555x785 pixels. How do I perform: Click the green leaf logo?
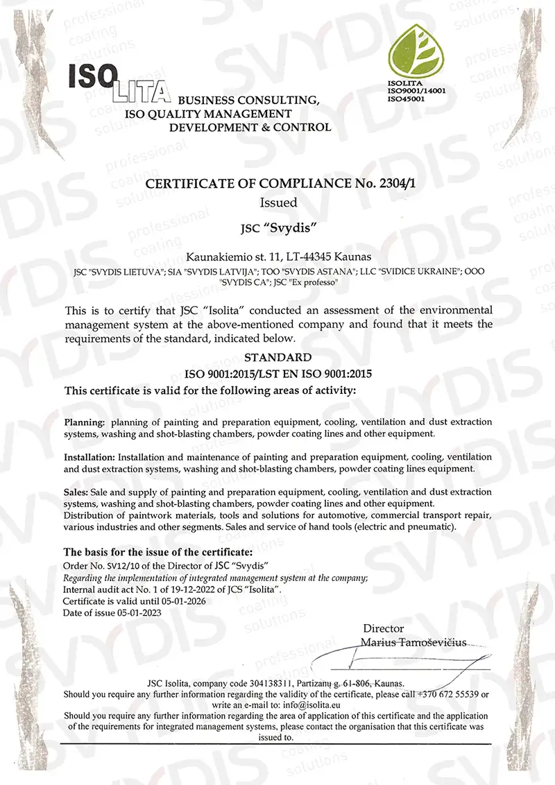point(417,52)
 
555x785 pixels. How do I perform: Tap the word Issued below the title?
point(278,203)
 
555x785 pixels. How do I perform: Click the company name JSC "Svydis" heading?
point(277,227)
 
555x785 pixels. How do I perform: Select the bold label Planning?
point(85,422)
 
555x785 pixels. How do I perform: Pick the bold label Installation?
point(90,458)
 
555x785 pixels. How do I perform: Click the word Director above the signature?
point(383,628)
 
